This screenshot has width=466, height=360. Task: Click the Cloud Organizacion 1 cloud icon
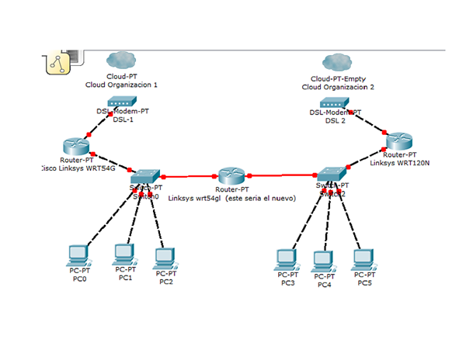tap(122, 59)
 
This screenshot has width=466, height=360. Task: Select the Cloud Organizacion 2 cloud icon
tap(338, 61)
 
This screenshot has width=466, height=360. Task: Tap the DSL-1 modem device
tap(121, 102)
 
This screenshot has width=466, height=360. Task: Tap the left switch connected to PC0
tap(146, 175)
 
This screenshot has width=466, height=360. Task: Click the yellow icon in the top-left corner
tap(58, 64)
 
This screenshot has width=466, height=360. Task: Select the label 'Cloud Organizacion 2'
tap(338, 87)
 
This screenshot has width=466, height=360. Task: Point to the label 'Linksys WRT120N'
tap(399, 162)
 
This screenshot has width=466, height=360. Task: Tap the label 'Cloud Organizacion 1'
tap(122, 85)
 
